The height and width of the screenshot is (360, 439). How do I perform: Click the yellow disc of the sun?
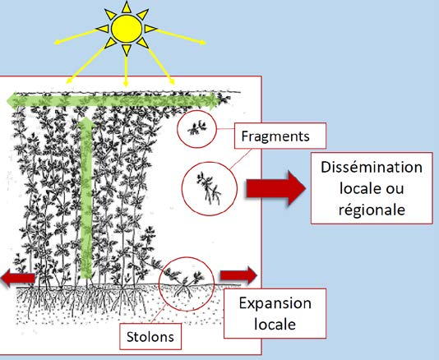click(127, 28)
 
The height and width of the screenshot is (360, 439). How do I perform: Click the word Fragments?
click(275, 136)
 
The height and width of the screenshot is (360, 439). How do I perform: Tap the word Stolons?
click(150, 337)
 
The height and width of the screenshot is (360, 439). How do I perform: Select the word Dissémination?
click(372, 167)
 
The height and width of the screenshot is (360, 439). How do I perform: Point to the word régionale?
click(372, 210)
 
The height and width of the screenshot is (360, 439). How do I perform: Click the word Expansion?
click(275, 303)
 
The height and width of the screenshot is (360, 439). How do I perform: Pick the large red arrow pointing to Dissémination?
click(275, 188)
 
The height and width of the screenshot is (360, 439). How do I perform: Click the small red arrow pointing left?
click(18, 278)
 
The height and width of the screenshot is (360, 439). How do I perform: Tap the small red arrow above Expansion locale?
click(238, 275)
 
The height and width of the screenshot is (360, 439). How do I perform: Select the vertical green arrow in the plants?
click(86, 197)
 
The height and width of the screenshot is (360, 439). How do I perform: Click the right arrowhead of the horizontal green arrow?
click(215, 100)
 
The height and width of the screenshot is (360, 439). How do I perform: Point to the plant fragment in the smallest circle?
click(196, 128)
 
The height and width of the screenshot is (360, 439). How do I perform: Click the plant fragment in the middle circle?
click(209, 189)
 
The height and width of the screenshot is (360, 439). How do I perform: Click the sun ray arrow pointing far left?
click(76, 36)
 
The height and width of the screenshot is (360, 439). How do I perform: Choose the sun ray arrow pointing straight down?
click(126, 71)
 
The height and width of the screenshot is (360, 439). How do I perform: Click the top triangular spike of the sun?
click(127, 7)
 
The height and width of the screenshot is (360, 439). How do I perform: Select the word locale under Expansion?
click(275, 325)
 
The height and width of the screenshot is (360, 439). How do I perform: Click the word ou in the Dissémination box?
click(395, 189)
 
